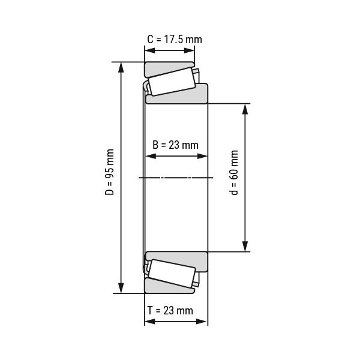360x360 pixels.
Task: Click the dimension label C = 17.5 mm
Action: (175, 40)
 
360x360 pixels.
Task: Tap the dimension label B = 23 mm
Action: (175, 145)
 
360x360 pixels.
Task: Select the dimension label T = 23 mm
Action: (170, 311)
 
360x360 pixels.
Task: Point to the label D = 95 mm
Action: (110, 172)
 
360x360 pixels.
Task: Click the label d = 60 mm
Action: (234, 173)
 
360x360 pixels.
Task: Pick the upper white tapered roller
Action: (172, 82)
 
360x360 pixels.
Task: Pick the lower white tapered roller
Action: (172, 274)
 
